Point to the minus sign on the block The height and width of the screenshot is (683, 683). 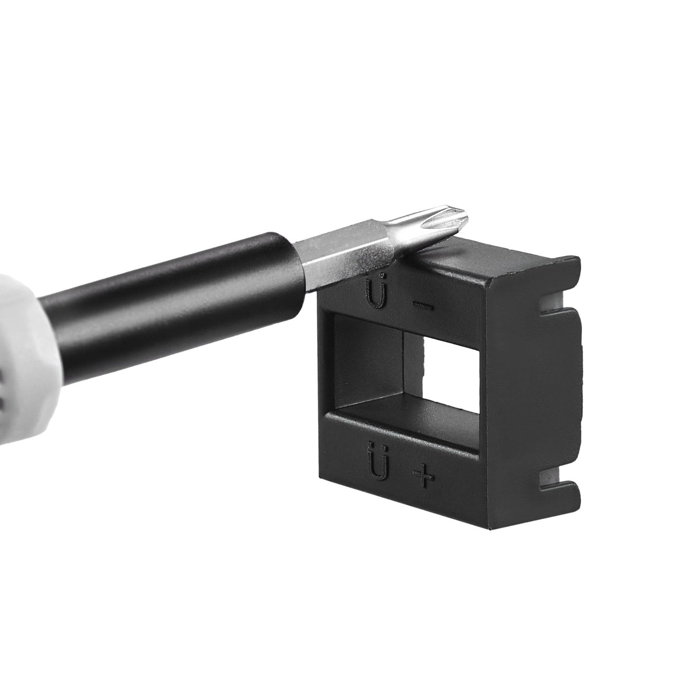[x=423, y=306]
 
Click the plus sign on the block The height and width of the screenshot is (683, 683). [x=424, y=476]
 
